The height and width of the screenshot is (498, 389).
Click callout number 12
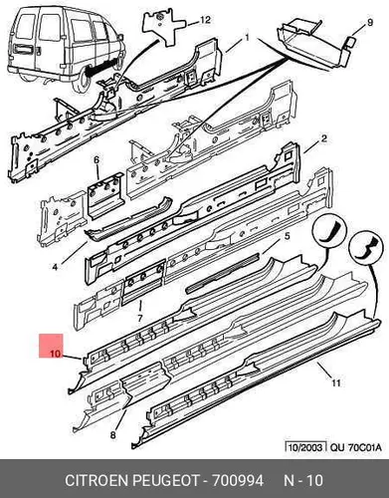pos(205,20)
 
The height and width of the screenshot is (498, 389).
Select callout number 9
pos(370,23)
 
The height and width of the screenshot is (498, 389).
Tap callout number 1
pos(247,38)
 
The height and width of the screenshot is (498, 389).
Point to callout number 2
pos(324,138)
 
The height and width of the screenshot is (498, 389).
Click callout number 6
pos(97,160)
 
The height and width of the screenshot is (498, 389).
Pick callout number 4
pos(55,266)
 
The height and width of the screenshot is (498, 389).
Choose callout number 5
pos(288,236)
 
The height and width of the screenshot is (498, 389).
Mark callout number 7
pos(139,318)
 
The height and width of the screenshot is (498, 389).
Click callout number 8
pos(113,434)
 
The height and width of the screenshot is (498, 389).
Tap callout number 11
pos(336,383)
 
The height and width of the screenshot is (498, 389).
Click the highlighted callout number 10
pos(56,354)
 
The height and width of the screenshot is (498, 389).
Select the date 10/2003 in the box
pos(305,447)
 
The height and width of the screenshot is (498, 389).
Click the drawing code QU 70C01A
pos(355,447)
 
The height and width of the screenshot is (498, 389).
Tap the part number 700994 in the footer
pos(238,480)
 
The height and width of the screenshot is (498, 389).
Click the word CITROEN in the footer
pos(97,480)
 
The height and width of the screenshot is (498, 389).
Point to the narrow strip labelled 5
pos(222,273)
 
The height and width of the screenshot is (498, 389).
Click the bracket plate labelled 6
pos(104,195)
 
